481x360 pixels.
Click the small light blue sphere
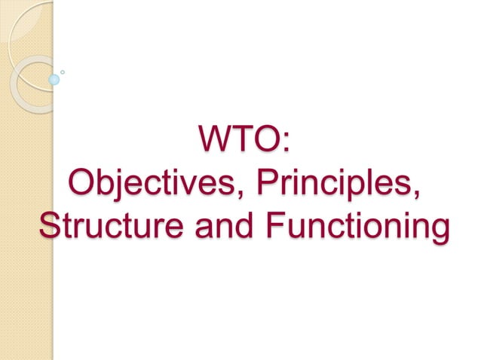click(54, 78)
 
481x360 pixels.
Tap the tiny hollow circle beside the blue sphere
click(63, 72)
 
